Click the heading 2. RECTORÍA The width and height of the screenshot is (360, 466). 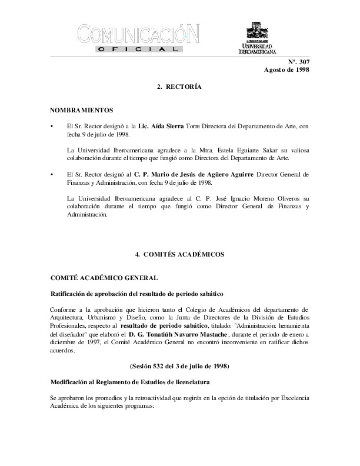coord(179,86)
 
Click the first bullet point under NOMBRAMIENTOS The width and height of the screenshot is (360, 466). coord(52,127)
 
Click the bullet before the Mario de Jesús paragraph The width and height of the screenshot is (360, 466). coord(52,175)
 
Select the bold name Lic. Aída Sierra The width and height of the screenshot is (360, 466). coord(161,127)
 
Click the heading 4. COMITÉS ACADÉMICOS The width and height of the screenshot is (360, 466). coord(179,254)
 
